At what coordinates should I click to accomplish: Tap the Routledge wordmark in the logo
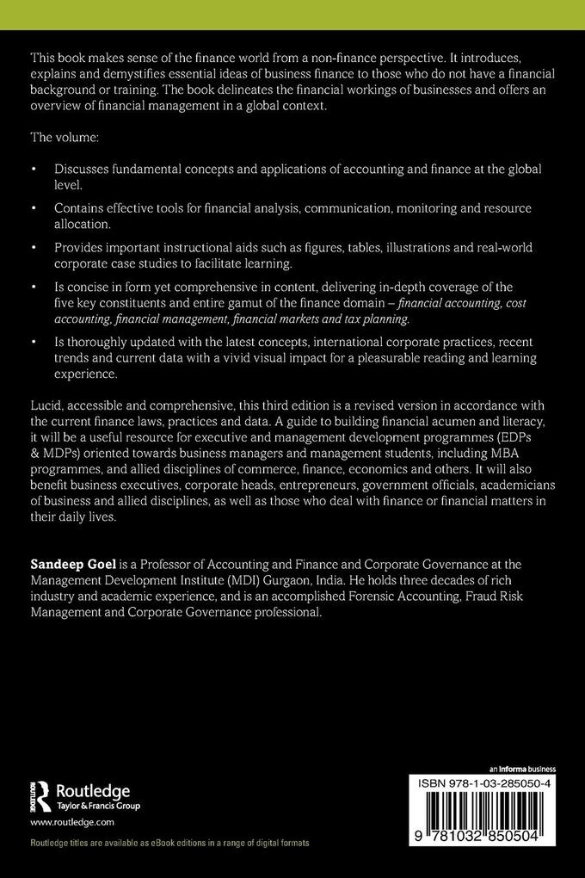(x=92, y=791)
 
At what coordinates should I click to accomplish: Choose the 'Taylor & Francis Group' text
(x=97, y=807)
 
